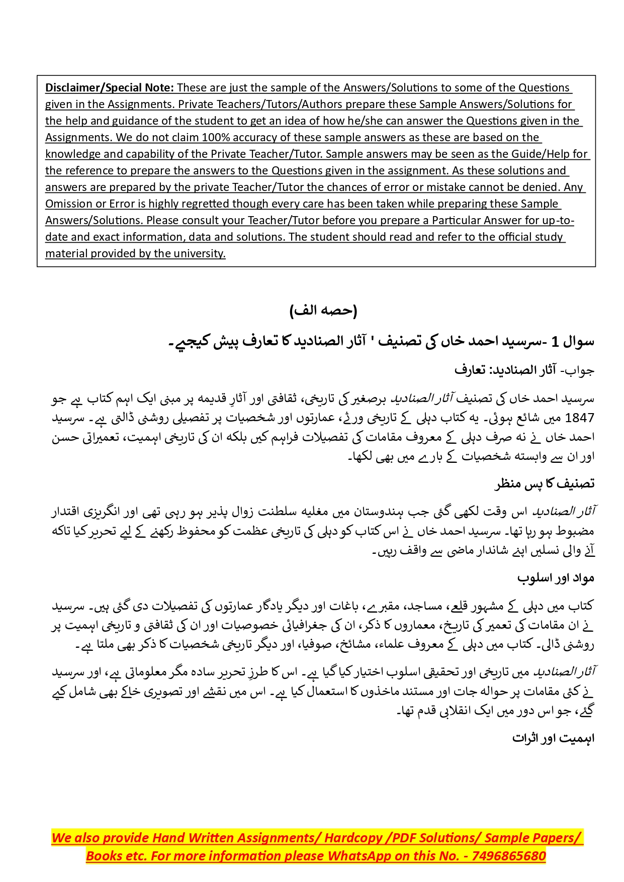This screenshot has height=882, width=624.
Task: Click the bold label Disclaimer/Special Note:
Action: coord(110,87)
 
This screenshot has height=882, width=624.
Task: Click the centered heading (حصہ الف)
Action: coord(323,311)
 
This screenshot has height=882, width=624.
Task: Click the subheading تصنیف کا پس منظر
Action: coord(545,483)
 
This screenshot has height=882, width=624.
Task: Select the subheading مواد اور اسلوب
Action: coord(556,578)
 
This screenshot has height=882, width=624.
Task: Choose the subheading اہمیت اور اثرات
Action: coord(553,738)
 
